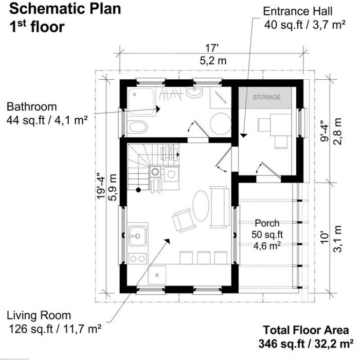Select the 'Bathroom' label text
coord(31,107)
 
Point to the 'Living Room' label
coord(40,315)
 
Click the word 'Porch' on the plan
coord(267,223)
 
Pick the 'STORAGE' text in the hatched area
coord(267,97)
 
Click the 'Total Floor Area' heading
coord(307,330)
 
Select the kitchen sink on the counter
coord(137,237)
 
